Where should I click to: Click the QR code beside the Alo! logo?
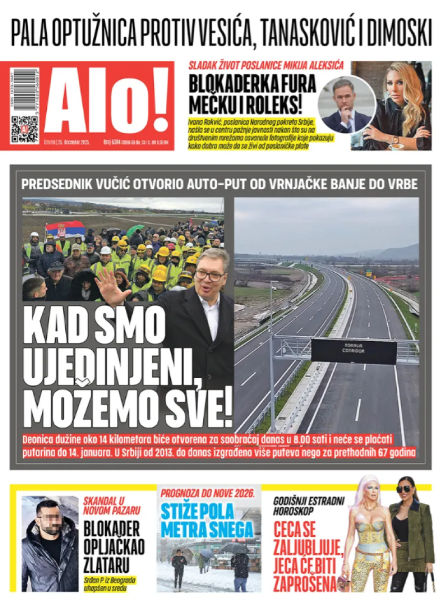point(24,129)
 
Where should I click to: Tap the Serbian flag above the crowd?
point(65,229)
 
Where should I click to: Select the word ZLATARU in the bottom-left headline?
point(106,564)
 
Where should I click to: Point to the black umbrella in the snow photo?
point(234,548)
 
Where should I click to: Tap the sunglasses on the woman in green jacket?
point(404,489)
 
